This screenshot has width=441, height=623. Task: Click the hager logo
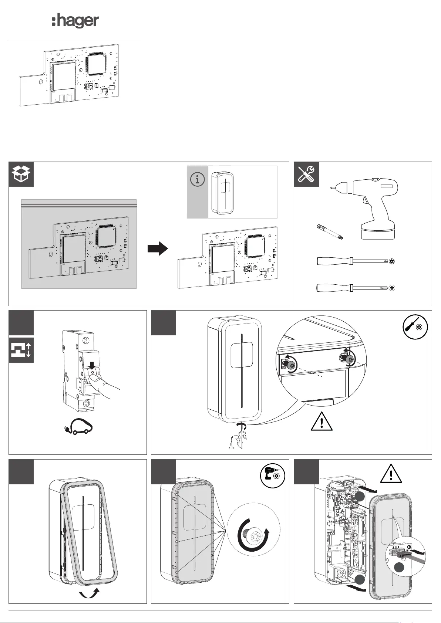click(75, 21)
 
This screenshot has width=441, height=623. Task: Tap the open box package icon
click(21, 174)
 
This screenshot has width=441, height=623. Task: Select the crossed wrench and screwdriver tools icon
click(306, 174)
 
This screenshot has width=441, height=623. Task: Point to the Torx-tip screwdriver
click(355, 261)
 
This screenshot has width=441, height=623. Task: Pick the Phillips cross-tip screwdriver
click(355, 288)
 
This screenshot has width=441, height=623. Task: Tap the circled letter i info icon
click(197, 180)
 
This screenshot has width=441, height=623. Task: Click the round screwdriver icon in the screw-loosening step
click(415, 326)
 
